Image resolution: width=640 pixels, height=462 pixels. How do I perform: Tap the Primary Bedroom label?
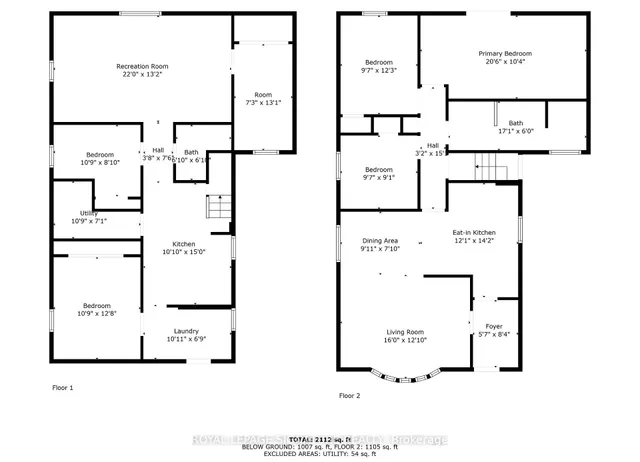[504, 54]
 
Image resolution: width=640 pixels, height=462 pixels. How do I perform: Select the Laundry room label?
[186, 331]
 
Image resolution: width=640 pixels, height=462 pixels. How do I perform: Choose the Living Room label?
[406, 332]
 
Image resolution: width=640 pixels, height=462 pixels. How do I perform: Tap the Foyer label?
[494, 326]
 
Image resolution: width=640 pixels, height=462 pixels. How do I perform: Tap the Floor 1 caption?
[63, 387]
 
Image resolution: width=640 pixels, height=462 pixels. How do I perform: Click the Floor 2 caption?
[349, 395]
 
